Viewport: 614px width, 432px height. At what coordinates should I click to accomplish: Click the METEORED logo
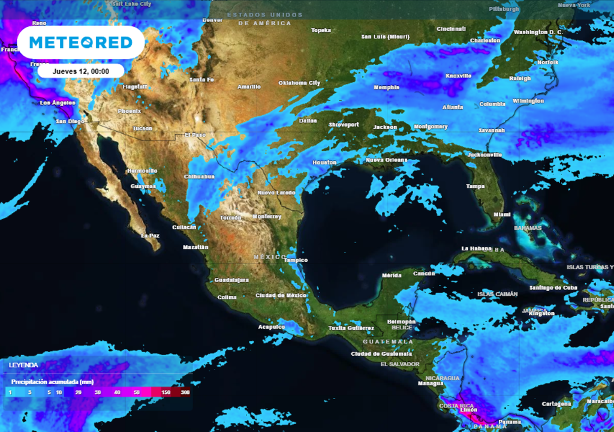click(x=80, y=43)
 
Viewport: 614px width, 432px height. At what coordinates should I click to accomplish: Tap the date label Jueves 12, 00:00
click(x=80, y=71)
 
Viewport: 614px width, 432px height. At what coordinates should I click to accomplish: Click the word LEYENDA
click(x=23, y=365)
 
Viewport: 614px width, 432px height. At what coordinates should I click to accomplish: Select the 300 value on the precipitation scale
click(x=185, y=392)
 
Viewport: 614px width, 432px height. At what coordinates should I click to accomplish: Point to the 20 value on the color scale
click(x=79, y=392)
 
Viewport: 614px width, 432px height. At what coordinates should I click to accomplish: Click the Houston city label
click(x=324, y=163)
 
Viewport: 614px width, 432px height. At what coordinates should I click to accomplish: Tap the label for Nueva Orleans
click(x=386, y=160)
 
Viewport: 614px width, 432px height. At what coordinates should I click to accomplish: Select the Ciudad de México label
click(x=281, y=295)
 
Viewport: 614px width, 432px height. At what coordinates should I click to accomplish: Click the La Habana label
click(x=476, y=248)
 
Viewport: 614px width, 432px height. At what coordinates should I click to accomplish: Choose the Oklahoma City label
click(x=299, y=83)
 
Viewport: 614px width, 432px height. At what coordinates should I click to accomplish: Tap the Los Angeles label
click(x=58, y=103)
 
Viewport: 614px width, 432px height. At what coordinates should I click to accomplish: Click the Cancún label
click(x=423, y=274)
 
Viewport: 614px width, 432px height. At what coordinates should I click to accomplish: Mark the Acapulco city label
click(x=271, y=327)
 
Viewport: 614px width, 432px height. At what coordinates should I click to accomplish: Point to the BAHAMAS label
click(x=528, y=228)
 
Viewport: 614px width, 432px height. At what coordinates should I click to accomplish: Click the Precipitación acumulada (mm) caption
click(x=52, y=382)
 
